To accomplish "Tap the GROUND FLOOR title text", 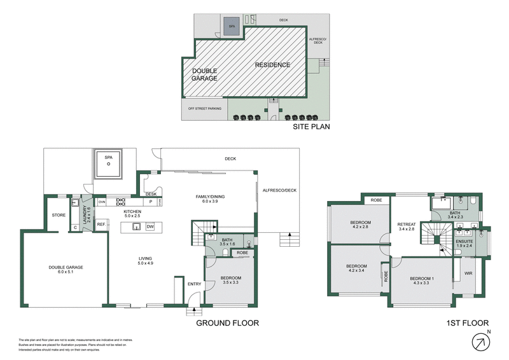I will click(x=227, y=323).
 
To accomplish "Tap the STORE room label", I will click(x=59, y=214).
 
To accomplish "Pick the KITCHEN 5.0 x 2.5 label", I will click(x=132, y=214).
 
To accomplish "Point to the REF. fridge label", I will click(x=101, y=225).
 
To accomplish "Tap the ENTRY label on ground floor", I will click(x=177, y=284).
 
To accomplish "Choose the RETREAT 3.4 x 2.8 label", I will click(x=406, y=227).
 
